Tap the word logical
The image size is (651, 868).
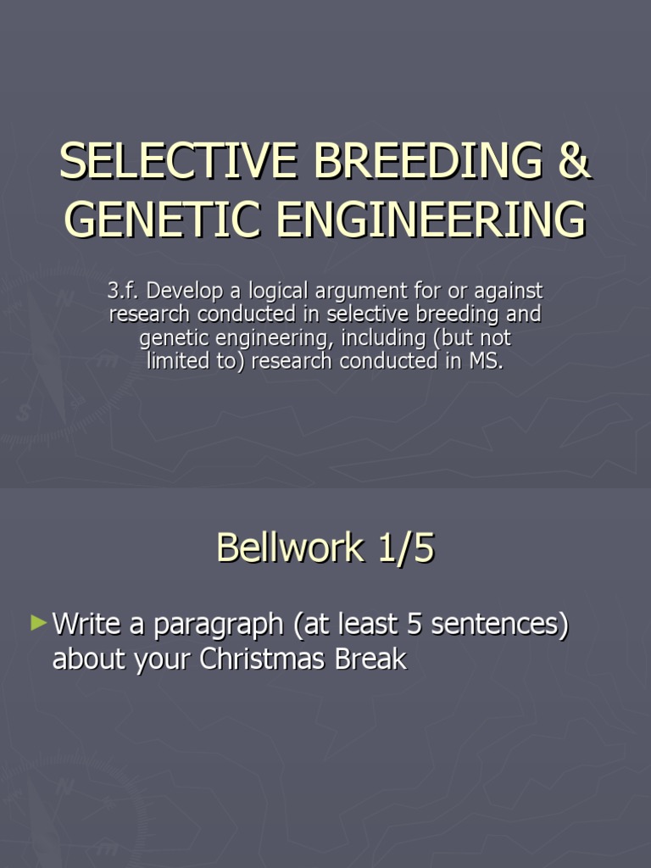(x=273, y=292)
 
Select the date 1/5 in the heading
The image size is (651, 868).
(x=403, y=548)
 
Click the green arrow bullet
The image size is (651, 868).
(x=38, y=624)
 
